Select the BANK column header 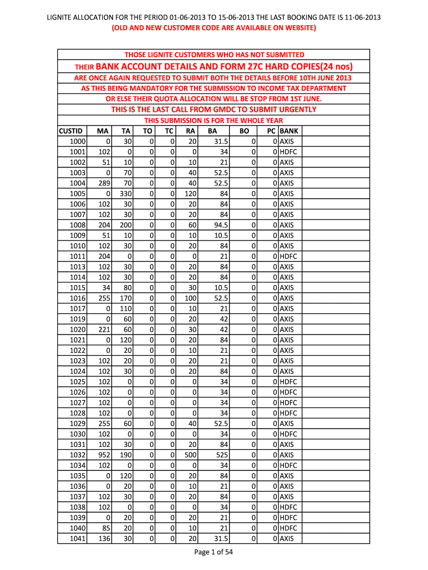click(x=289, y=131)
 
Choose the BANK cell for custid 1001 click(x=288, y=152)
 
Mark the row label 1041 click(x=78, y=538)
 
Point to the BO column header click(x=243, y=131)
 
